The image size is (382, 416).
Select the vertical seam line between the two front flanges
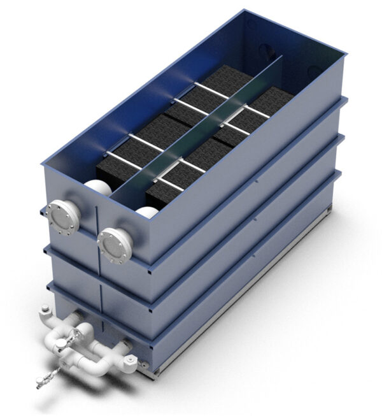(95, 229)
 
